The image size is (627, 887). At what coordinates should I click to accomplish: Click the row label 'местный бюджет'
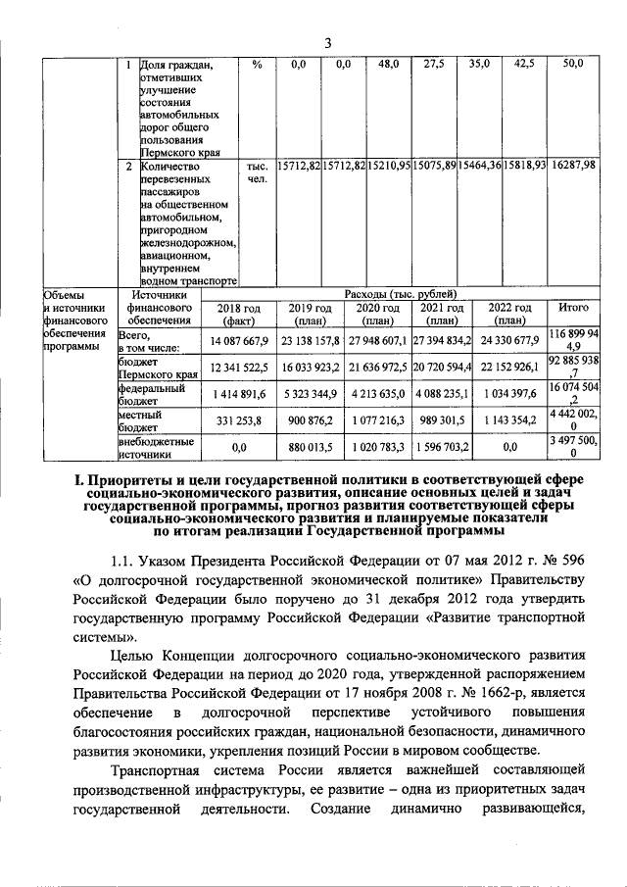click(x=136, y=421)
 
